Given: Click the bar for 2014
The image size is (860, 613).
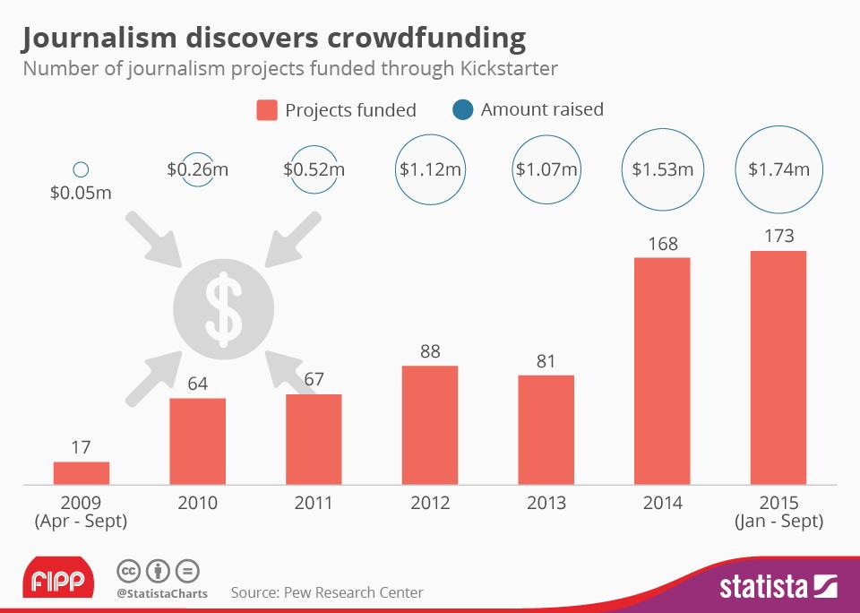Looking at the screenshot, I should [x=662, y=371].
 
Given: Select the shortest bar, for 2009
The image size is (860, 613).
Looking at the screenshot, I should [x=81, y=473].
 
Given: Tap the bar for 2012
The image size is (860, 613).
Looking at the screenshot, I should [x=430, y=425].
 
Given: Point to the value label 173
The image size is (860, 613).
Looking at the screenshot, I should [x=778, y=237].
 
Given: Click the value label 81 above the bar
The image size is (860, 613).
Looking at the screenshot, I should [x=546, y=362].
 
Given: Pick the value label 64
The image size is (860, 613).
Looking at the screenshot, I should [x=197, y=384].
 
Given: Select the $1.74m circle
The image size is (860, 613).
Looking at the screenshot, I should [x=778, y=168].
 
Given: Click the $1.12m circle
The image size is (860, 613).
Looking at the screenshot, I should [x=430, y=168].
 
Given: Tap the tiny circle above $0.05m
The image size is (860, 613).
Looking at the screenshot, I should [x=81, y=168].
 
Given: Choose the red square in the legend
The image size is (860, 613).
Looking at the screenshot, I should [x=267, y=110].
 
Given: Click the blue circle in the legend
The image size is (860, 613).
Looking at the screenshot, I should [x=463, y=110].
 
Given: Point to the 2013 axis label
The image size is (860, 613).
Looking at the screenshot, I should [x=546, y=503].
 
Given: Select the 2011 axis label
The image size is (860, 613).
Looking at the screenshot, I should [x=314, y=503].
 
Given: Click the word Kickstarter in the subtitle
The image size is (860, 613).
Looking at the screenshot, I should [x=507, y=69].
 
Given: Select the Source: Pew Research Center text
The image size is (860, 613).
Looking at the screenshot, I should [x=327, y=592].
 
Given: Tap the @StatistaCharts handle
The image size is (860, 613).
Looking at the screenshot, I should [x=162, y=593].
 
